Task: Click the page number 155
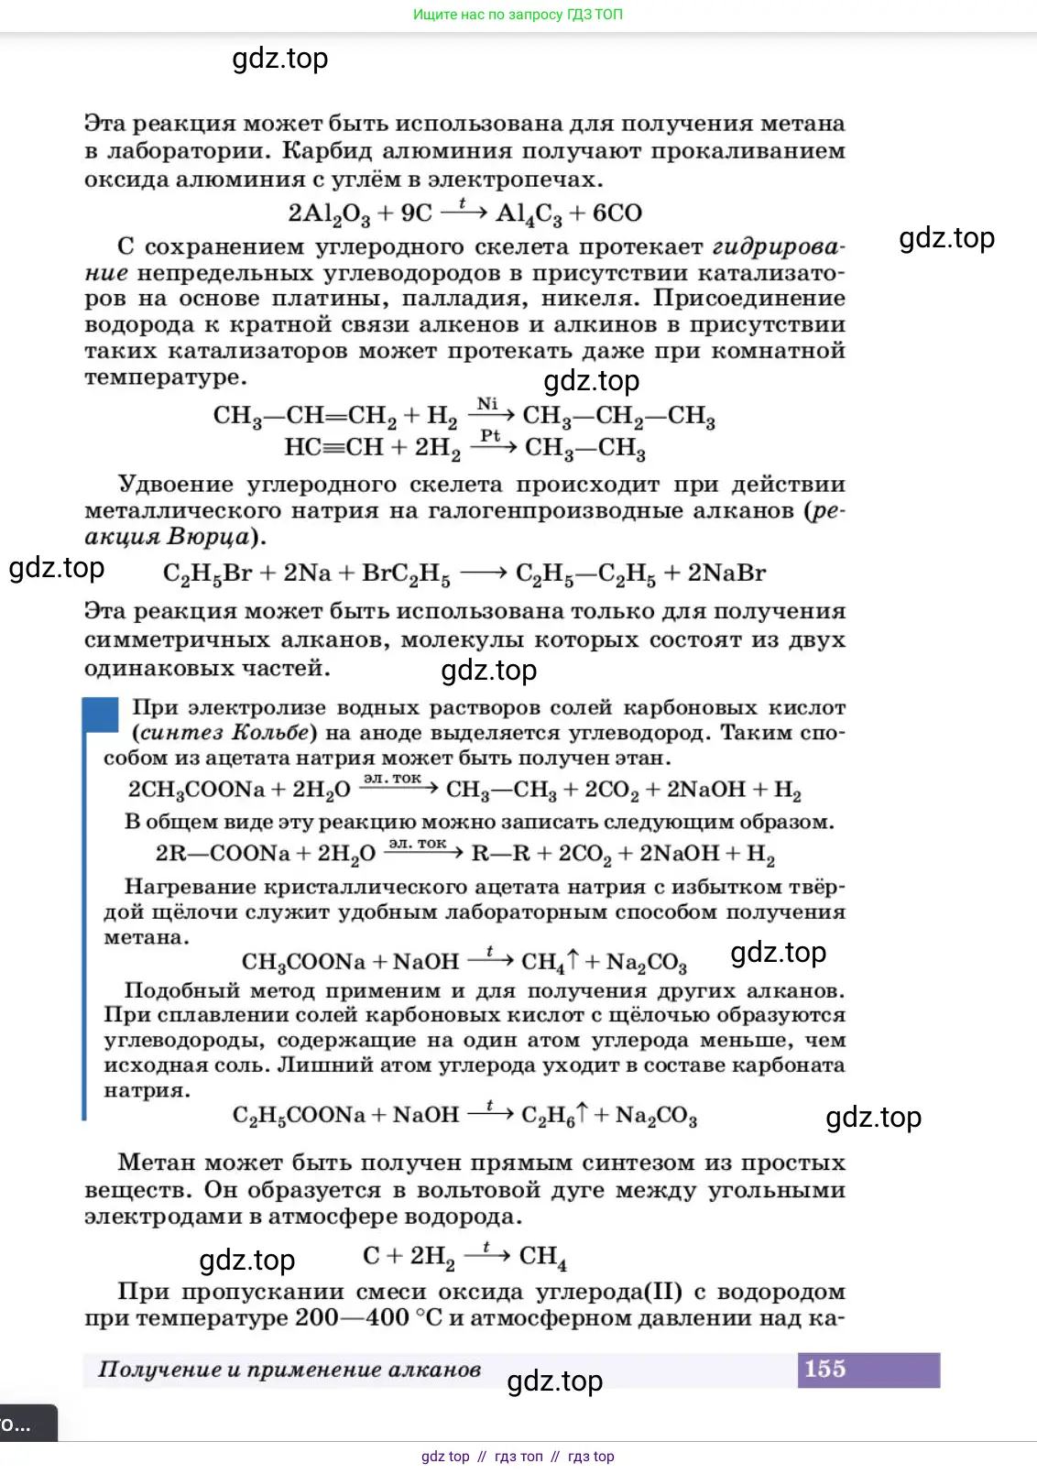(824, 1369)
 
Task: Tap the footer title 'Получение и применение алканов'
(289, 1370)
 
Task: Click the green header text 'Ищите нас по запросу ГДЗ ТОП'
(518, 15)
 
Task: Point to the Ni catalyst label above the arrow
(487, 404)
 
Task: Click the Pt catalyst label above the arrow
(490, 436)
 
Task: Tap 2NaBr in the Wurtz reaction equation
(726, 573)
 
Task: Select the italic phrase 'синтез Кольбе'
(224, 733)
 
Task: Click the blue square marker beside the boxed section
(101, 715)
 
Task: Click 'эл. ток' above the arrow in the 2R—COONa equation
(418, 843)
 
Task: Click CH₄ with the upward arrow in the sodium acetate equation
(550, 962)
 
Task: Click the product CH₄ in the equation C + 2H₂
(542, 1257)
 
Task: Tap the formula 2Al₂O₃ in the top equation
(329, 213)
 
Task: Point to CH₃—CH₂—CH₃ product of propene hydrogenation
(618, 416)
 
